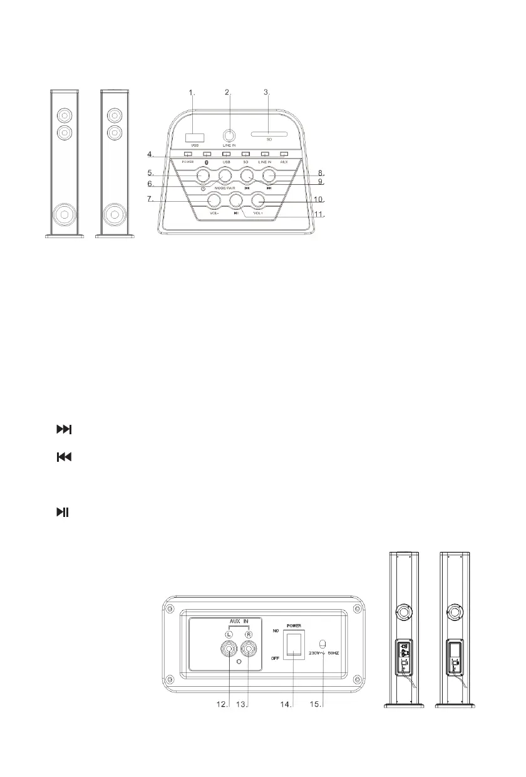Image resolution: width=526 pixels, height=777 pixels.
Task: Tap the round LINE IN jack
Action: point(230,135)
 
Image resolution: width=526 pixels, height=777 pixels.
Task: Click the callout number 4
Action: point(150,154)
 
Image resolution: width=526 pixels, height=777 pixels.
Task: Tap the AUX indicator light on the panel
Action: point(284,154)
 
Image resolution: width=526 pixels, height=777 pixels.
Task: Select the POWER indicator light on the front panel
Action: point(188,154)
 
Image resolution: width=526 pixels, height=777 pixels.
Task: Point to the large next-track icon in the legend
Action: point(64,430)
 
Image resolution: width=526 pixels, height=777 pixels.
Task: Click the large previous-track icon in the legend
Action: point(64,458)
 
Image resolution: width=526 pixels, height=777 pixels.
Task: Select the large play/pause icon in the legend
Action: point(63,513)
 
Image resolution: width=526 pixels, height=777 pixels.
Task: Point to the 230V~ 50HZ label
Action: point(333,654)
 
